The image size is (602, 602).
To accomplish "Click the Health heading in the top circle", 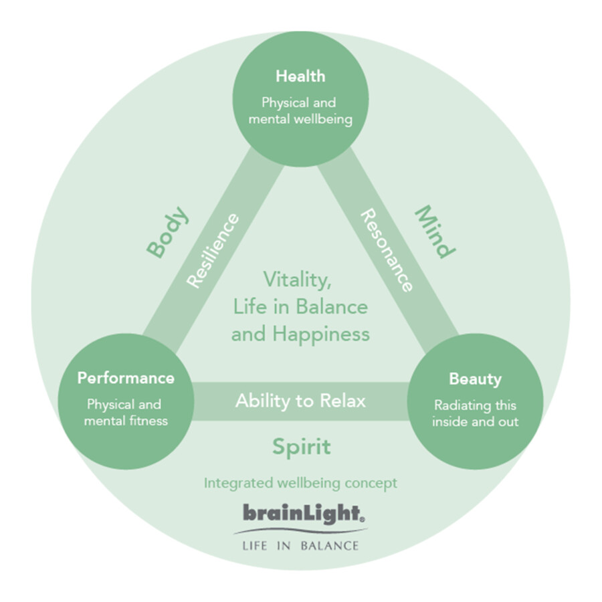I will pos(300,76).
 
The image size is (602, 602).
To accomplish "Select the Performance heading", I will pos(126,378).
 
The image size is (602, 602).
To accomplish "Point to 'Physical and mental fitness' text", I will pos(126,413).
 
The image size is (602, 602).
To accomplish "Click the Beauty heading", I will pos(475,379).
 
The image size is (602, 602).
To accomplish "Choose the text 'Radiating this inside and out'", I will pos(475,413).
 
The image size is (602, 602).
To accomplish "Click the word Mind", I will pos(434,231).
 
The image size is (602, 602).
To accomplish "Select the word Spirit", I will pos(301,447).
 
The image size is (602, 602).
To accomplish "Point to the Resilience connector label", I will pos(212,250).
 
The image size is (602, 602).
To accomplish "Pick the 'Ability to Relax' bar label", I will pos(300,401).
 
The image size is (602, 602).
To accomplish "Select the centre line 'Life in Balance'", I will pos(300,306).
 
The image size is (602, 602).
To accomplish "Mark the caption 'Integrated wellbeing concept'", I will pos(300,482).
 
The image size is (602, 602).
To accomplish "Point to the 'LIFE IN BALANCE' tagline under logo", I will pos(300,545).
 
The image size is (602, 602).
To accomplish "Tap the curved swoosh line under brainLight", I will pos(300,531).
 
